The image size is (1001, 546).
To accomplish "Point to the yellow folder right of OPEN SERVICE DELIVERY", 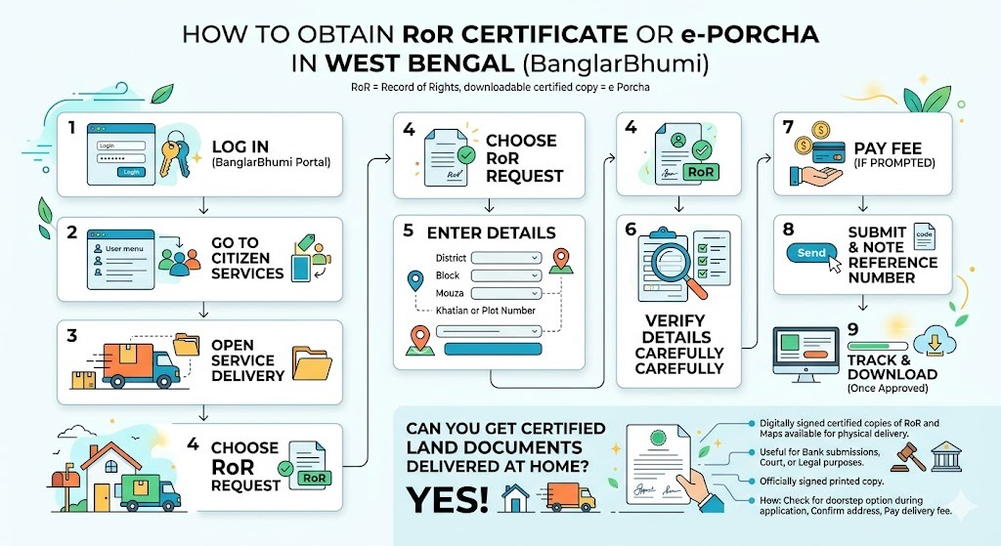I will tap(313, 362).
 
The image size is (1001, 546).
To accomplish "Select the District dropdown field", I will tap(506, 258).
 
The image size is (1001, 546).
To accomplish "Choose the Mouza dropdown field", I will tap(506, 293).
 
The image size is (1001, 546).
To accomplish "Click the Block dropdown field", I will tap(506, 275).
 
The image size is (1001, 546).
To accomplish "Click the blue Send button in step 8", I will tap(811, 252).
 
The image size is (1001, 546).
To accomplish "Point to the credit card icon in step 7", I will tap(832, 156).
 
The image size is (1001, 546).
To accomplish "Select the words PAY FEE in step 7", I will tap(888, 148).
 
